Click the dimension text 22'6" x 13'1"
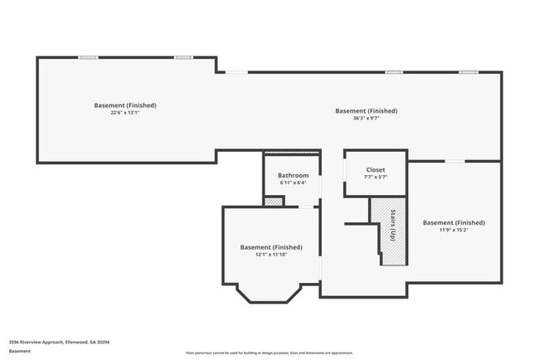pyautogui.click(x=124, y=114)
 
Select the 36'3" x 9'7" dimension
pyautogui.click(x=366, y=119)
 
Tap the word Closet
pyautogui.click(x=375, y=169)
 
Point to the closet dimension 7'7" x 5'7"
pyautogui.click(x=375, y=177)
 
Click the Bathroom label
pyautogui.click(x=293, y=175)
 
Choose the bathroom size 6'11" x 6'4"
pyautogui.click(x=293, y=182)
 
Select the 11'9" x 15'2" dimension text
pyautogui.click(x=454, y=230)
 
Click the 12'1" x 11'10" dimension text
pyautogui.click(x=271, y=255)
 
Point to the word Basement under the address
pyautogui.click(x=21, y=351)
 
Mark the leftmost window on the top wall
pyautogui.click(x=89, y=57)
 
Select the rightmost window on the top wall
pyautogui.click(x=469, y=72)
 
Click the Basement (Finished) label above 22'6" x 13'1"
pyautogui.click(x=124, y=105)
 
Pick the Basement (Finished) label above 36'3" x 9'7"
pyautogui.click(x=366, y=110)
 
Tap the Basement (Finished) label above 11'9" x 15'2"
pyautogui.click(x=454, y=222)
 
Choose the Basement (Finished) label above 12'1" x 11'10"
pyautogui.click(x=271, y=247)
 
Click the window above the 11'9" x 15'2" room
pyautogui.click(x=454, y=161)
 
